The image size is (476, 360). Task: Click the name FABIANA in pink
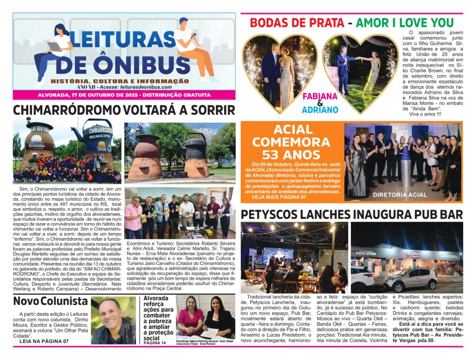pyautogui.click(x=320, y=97)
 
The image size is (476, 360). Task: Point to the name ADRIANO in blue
pyautogui.click(x=320, y=110)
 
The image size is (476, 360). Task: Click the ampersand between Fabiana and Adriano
pyautogui.click(x=320, y=104)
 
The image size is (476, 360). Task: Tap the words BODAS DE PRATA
pyautogui.click(x=297, y=22)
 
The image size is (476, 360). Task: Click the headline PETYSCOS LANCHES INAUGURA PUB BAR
pyautogui.click(x=351, y=214)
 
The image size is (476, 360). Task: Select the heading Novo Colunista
pyautogui.click(x=50, y=301)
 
